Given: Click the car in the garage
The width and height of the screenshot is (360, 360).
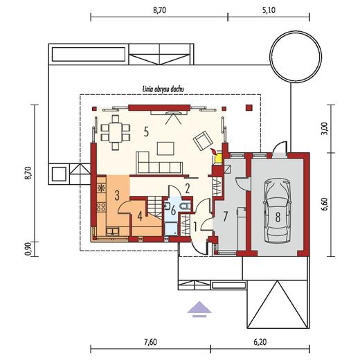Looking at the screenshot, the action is (x=277, y=211).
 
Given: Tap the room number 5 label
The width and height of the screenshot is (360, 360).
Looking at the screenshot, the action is (x=146, y=132).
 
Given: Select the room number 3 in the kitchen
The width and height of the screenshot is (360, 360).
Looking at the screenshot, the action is (x=117, y=195).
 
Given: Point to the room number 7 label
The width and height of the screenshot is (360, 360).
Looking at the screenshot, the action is (x=225, y=217).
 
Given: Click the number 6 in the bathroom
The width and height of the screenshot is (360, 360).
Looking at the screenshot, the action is (x=173, y=211).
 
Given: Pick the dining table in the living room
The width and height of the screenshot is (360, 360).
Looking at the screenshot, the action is (x=116, y=133).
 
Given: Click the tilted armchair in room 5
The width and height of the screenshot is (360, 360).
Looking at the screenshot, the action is (x=203, y=141).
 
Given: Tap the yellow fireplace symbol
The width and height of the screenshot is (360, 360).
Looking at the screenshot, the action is (x=217, y=159).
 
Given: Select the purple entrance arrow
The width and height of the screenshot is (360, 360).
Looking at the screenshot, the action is (x=199, y=309).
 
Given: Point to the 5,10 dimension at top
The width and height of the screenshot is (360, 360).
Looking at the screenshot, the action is (x=269, y=10).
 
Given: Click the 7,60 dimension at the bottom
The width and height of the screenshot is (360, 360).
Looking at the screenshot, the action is (x=150, y=342).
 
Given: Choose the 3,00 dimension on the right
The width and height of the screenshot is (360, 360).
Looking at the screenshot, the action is (x=325, y=129).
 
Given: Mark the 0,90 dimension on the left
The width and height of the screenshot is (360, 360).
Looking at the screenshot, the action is (x=28, y=249).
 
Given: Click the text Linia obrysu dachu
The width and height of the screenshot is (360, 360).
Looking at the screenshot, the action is (x=163, y=89).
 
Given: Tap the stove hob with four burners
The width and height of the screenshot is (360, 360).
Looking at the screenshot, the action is (x=101, y=207).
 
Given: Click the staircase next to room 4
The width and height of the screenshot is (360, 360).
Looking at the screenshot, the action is (x=154, y=206).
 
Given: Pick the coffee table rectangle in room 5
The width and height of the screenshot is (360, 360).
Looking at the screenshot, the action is (x=165, y=148).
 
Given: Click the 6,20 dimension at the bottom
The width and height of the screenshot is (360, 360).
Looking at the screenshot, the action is (x=260, y=342).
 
